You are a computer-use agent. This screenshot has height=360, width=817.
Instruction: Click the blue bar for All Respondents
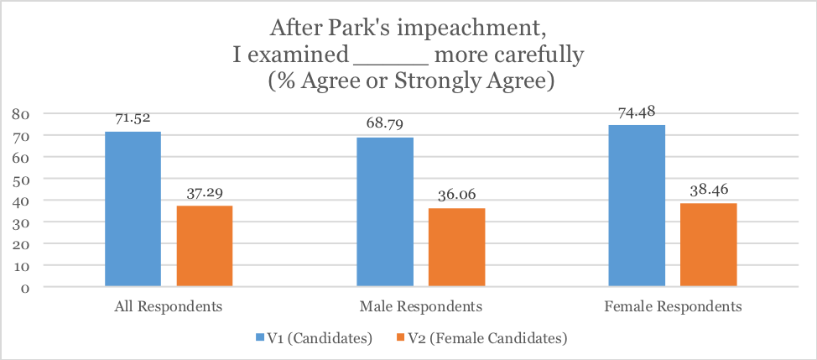tap(133, 209)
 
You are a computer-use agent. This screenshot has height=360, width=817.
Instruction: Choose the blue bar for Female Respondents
tap(637, 206)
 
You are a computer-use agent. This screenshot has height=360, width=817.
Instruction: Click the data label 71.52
tap(133, 119)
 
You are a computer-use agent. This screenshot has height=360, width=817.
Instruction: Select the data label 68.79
tap(385, 125)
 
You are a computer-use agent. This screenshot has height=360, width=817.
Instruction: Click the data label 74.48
tap(637, 112)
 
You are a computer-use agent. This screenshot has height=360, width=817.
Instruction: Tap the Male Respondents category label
tap(420, 306)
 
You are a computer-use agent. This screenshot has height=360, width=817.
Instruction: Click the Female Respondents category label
tap(673, 306)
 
